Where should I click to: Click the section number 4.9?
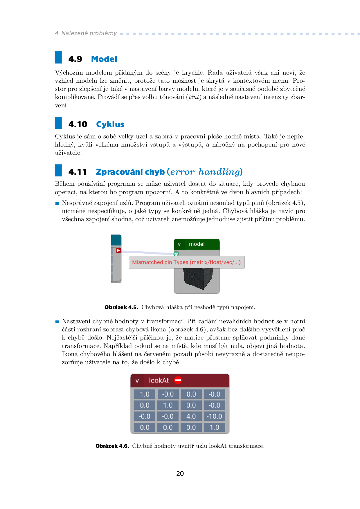(x=75, y=59)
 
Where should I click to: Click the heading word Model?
(x=104, y=59)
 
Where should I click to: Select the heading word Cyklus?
(x=110, y=124)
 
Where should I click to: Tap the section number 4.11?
(x=78, y=172)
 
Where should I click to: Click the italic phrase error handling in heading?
(x=205, y=172)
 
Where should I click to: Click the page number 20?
(x=180, y=474)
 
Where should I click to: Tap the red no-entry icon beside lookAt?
(x=178, y=380)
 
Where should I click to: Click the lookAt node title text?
(x=159, y=380)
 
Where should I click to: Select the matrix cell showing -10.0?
(x=214, y=416)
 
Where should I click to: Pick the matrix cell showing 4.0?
(x=191, y=416)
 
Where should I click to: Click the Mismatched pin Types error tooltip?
(x=186, y=262)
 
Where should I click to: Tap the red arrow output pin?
(x=119, y=250)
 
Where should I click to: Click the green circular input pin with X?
(x=176, y=254)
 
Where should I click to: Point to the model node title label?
(x=197, y=244)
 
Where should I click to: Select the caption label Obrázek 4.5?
(x=121, y=307)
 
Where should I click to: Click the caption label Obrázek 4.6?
(x=112, y=446)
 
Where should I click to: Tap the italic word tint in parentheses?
(x=194, y=97)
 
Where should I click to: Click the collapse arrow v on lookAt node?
(x=137, y=381)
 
